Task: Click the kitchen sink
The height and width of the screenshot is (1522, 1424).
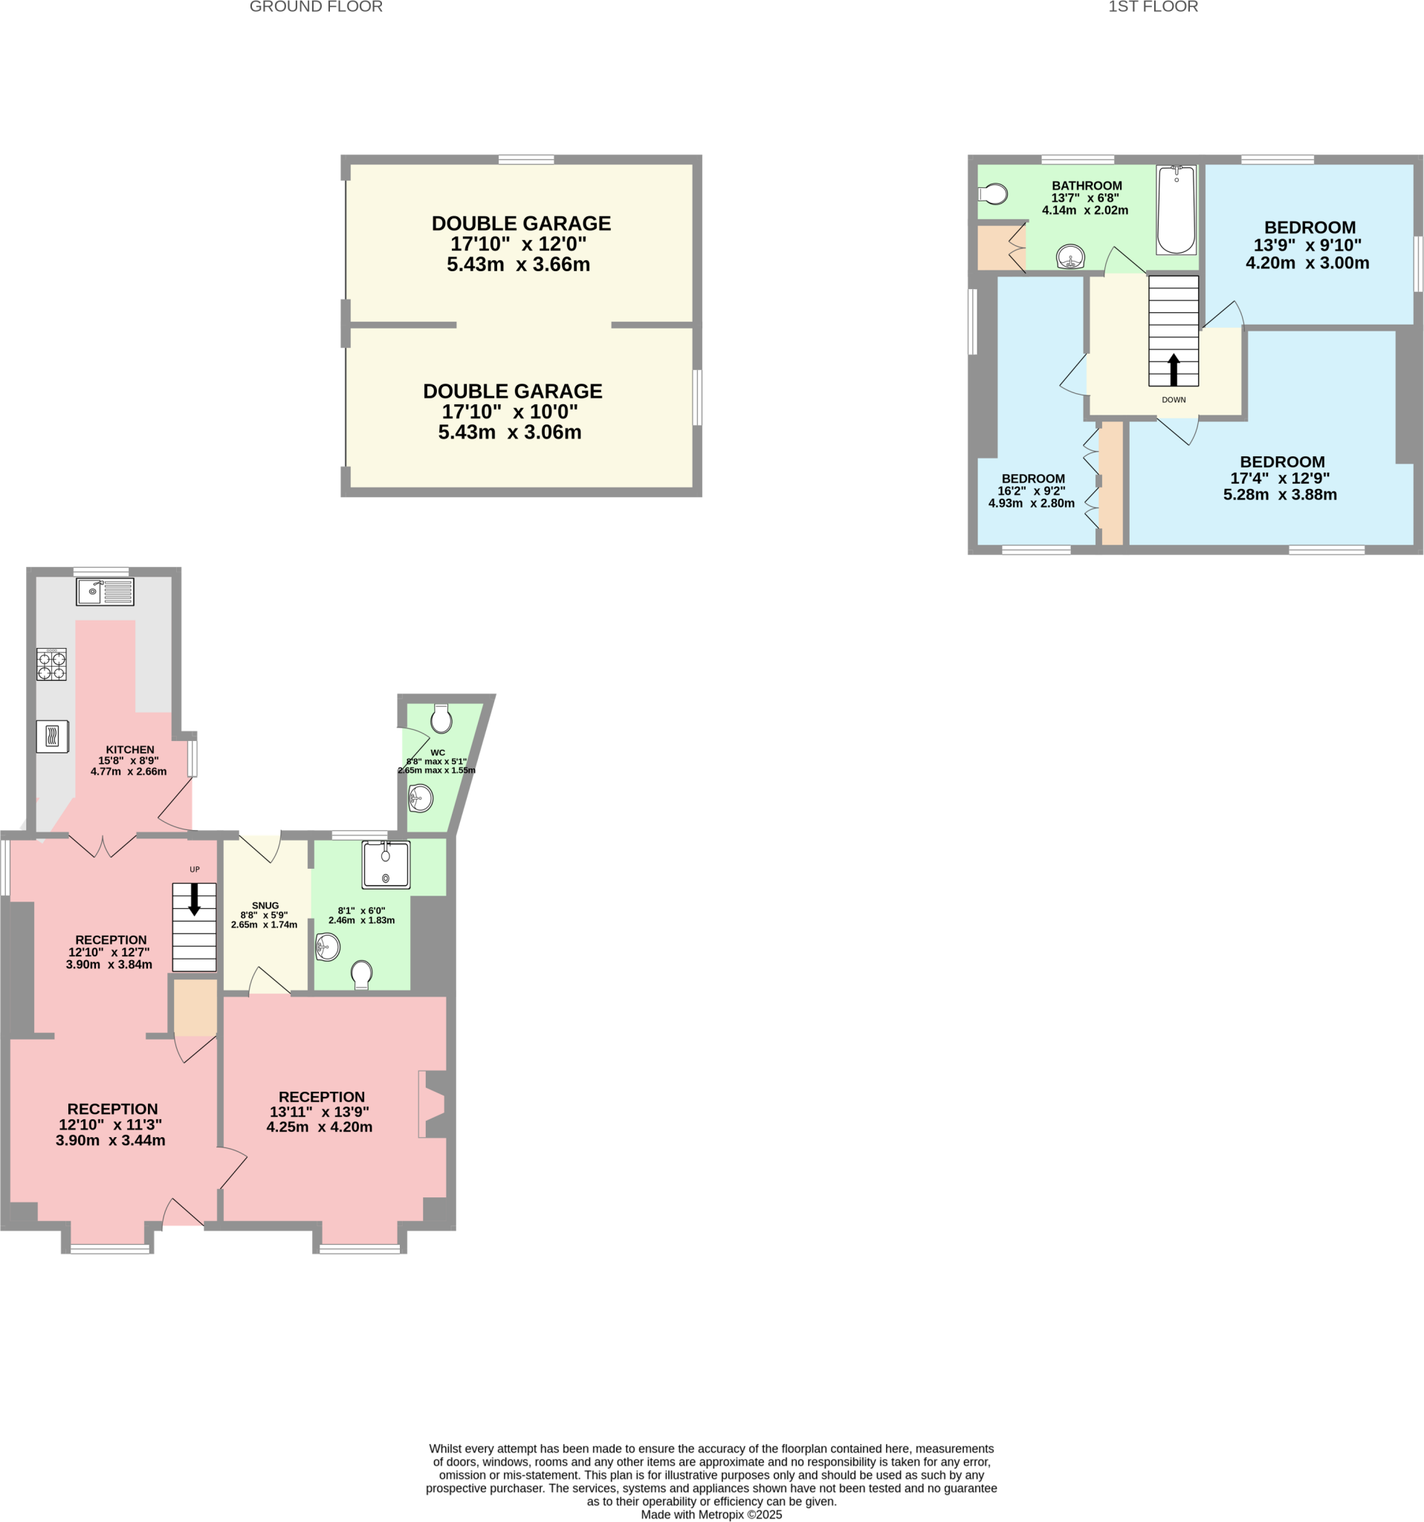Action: (x=105, y=592)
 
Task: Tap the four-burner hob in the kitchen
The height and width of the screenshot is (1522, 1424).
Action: (x=51, y=664)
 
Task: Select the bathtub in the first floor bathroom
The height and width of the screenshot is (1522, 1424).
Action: (x=1176, y=210)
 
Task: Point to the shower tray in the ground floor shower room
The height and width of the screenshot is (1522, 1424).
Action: (x=386, y=864)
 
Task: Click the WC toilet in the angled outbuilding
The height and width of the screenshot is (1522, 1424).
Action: (x=441, y=719)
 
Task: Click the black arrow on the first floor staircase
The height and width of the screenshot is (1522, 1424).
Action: (x=1174, y=370)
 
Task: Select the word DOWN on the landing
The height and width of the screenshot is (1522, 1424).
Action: (x=1174, y=400)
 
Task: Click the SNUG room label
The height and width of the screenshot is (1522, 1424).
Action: (x=265, y=906)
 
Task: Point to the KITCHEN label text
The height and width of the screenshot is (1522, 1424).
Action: (x=130, y=750)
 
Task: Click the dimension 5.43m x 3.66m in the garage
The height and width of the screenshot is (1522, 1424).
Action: (x=518, y=265)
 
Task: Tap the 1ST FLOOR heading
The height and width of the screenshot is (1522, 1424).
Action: (x=1153, y=7)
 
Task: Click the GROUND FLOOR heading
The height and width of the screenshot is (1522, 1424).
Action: (x=316, y=7)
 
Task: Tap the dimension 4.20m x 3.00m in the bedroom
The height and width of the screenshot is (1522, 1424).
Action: (x=1307, y=263)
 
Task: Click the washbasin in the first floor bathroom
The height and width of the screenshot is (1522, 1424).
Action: (x=1070, y=257)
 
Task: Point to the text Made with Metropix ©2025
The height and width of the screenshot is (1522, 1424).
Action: (x=711, y=1515)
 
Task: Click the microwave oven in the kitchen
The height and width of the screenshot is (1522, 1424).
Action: (x=52, y=736)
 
